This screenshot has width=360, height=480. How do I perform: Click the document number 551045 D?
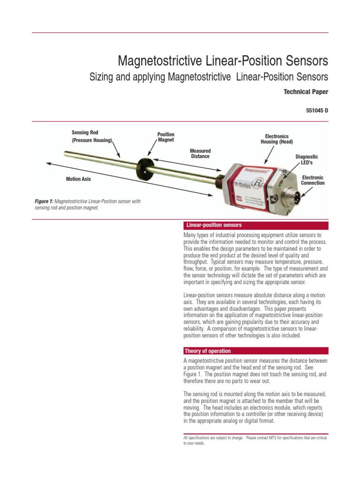coord(317,111)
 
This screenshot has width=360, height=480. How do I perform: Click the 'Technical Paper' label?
coord(306,92)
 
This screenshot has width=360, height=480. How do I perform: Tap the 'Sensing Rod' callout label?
coord(85,133)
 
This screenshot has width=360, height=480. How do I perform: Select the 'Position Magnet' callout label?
coord(166,137)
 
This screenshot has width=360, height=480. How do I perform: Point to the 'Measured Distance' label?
coord(200,153)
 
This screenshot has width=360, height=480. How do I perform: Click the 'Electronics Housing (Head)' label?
coord(277,139)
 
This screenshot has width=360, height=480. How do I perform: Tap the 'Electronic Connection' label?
coord(313,180)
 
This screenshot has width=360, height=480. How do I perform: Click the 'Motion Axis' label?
coord(78,179)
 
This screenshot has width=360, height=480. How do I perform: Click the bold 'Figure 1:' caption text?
coord(45,202)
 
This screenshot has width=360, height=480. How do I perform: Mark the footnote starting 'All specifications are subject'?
coord(255,440)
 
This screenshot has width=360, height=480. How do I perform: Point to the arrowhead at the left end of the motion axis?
coord(48,163)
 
